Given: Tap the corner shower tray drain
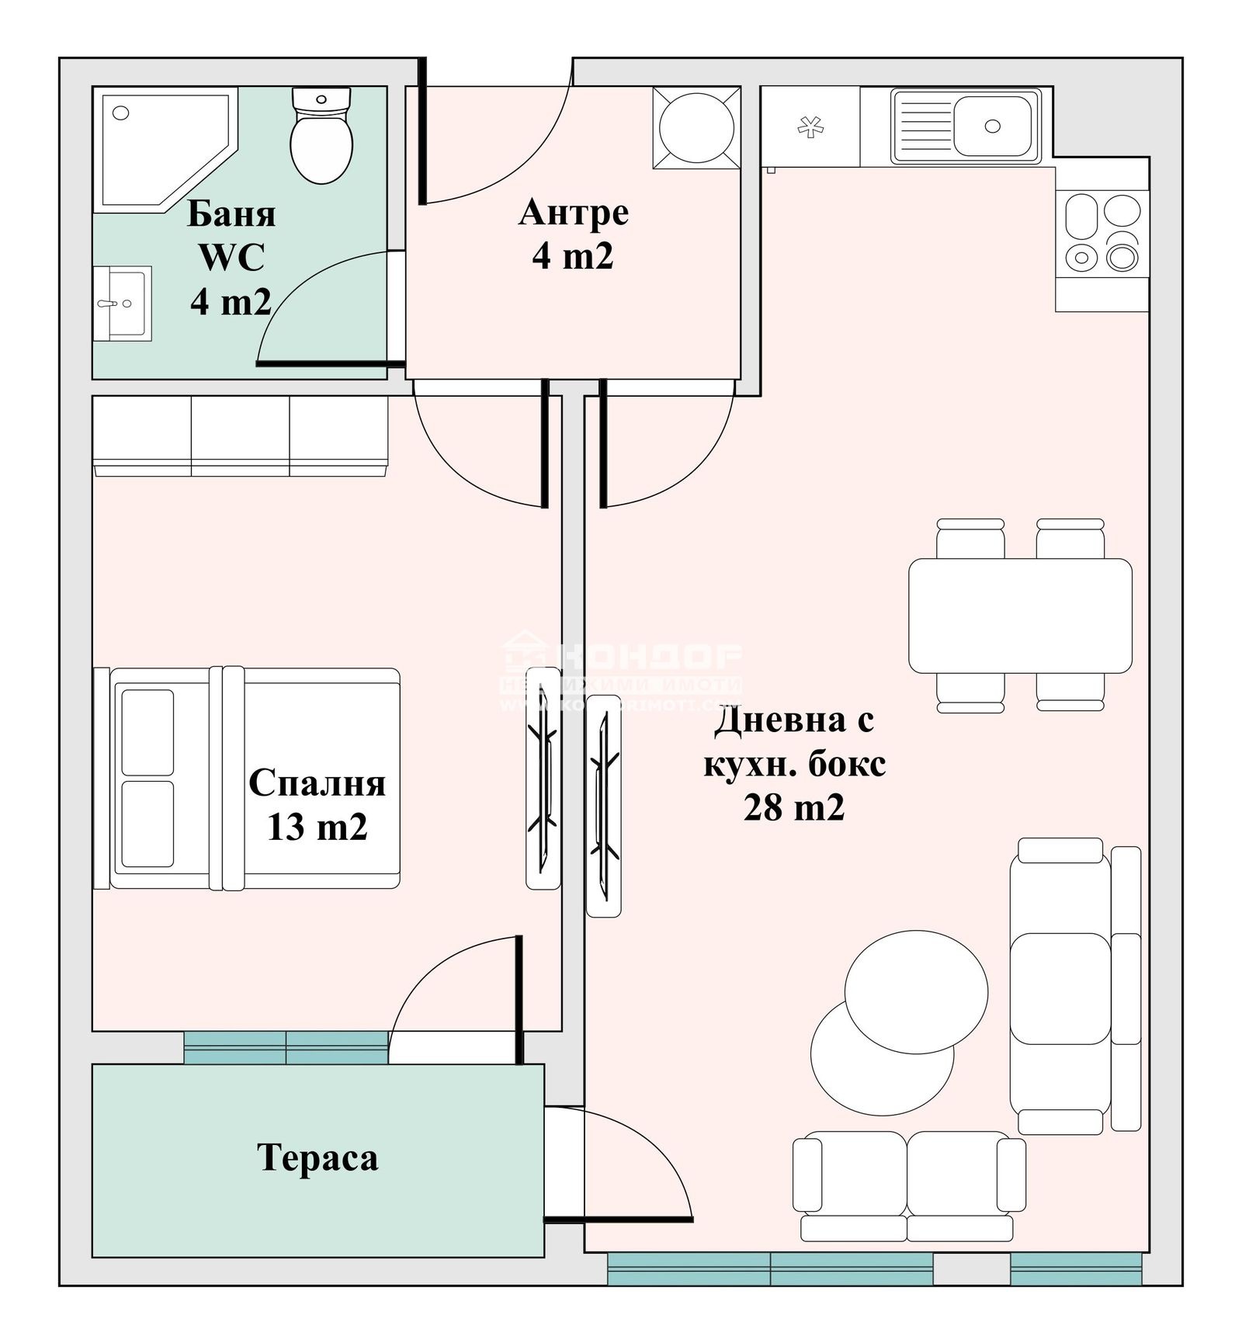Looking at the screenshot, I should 120,113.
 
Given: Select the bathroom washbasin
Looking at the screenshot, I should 122,304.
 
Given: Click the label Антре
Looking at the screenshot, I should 573,213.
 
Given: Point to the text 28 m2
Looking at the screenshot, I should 793,808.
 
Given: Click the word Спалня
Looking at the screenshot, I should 317,783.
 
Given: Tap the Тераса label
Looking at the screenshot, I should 317,1158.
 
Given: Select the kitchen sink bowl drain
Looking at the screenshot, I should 991,126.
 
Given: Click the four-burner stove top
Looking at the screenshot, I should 1102,233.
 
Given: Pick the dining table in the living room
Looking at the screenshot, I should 1019,616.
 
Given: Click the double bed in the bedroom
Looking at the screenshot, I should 256,777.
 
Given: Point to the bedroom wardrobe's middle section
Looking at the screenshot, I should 240,435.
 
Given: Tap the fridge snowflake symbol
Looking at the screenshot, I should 810,127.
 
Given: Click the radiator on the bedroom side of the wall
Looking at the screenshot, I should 543,777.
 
